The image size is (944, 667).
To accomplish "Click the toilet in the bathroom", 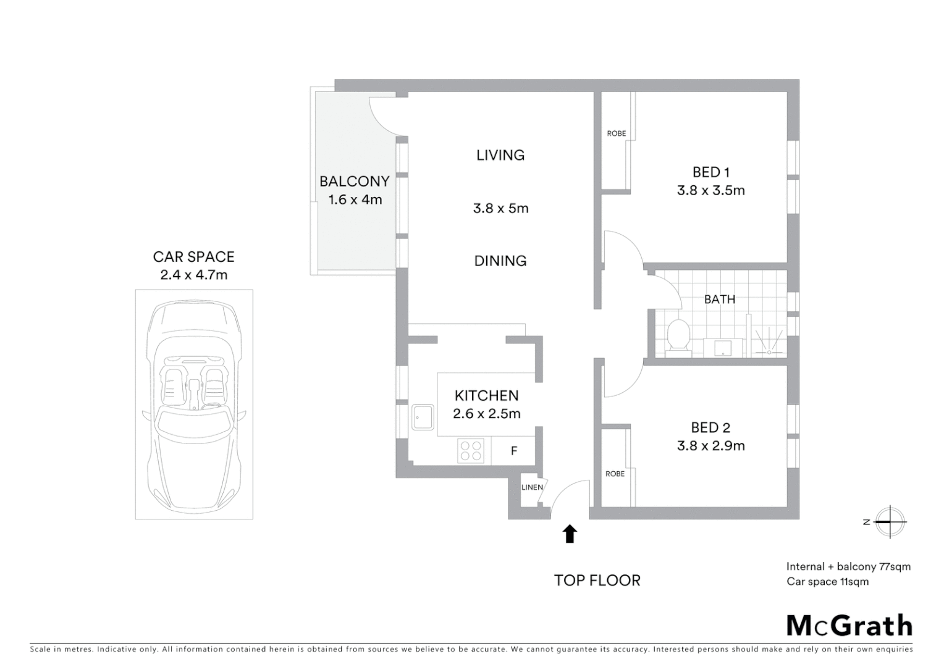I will click(x=678, y=337).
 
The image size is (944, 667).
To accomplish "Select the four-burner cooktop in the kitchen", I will click(x=471, y=450).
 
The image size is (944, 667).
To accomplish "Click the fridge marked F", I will click(x=513, y=451).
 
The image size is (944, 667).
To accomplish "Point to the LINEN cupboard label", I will click(x=532, y=487).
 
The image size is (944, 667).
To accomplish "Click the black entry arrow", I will click(x=570, y=534).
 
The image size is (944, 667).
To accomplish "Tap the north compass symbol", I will click(x=888, y=522).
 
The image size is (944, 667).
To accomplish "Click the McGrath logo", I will click(x=849, y=625).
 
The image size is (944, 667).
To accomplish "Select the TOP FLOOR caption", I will click(x=597, y=581).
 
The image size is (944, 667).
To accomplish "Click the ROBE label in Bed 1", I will click(x=616, y=133).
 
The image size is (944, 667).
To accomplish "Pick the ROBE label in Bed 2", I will click(x=615, y=474).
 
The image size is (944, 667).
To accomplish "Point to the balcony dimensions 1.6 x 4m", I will click(x=355, y=200).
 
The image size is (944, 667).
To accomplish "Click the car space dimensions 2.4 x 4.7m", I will click(x=194, y=275).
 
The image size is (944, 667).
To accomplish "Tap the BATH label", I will click(x=720, y=300).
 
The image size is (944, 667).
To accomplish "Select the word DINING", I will click(x=500, y=261).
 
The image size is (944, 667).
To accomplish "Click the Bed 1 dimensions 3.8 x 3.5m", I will click(x=710, y=191).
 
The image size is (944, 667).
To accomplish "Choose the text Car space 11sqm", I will click(x=827, y=582).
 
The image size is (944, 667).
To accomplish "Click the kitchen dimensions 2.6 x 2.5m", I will click(x=486, y=414).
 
